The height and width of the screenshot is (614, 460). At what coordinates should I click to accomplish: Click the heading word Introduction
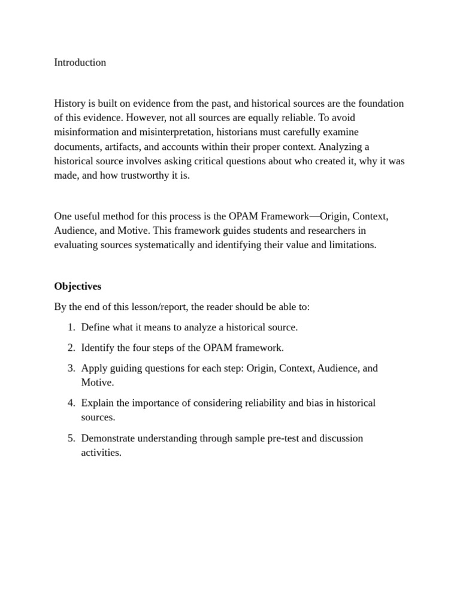point(80,62)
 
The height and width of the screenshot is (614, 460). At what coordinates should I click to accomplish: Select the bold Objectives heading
point(77,286)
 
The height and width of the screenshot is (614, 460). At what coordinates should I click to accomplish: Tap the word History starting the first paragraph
point(70,103)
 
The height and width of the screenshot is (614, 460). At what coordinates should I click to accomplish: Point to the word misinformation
point(87,132)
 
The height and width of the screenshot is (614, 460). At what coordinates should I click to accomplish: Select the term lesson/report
point(162,306)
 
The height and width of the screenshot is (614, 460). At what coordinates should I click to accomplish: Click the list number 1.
point(71,327)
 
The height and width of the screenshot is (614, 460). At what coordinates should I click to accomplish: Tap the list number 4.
point(71,403)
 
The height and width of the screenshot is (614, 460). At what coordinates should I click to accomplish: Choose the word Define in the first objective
point(95,327)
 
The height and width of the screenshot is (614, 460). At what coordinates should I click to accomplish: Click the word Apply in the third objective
point(93,368)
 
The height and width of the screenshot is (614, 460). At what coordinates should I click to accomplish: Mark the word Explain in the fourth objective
point(98,403)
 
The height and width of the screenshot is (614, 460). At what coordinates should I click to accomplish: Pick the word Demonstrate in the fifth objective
point(108,438)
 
